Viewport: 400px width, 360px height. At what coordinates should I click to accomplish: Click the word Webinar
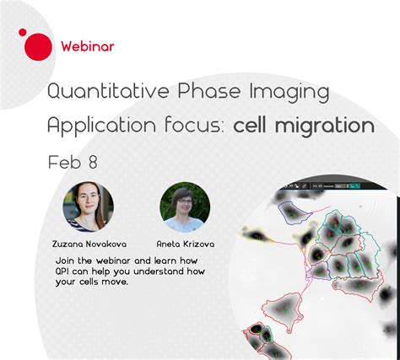pyautogui.click(x=89, y=46)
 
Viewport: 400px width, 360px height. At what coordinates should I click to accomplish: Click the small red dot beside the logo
pyautogui.click(x=22, y=32)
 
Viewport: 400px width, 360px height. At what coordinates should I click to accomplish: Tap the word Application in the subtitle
pyautogui.click(x=100, y=126)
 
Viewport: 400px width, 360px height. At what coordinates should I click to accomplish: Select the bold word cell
pyautogui.click(x=256, y=126)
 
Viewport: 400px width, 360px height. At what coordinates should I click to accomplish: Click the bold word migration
pyautogui.click(x=329, y=126)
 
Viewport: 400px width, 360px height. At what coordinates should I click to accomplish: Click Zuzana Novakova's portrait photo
pyautogui.click(x=88, y=207)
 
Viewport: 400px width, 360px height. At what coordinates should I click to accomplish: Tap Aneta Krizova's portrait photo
pyautogui.click(x=185, y=207)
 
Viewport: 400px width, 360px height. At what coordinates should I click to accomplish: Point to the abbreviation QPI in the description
pyautogui.click(x=67, y=271)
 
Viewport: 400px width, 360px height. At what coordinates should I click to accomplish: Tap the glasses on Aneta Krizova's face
pyautogui.click(x=185, y=203)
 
